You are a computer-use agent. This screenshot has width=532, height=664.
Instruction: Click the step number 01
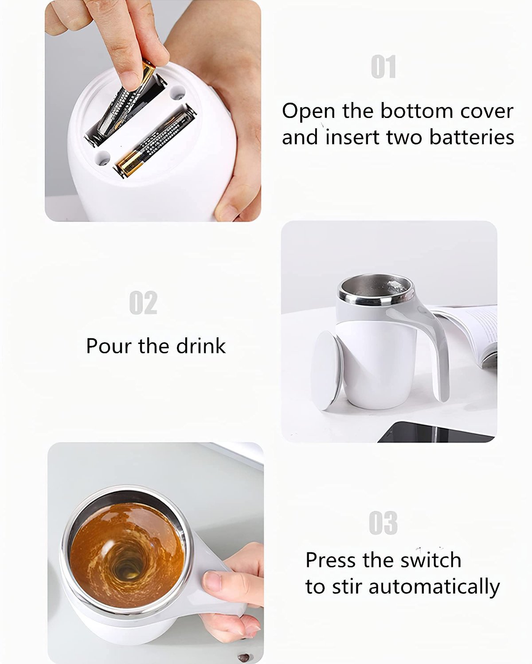pos(383,67)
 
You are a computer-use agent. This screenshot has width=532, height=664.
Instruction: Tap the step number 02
pos(143,303)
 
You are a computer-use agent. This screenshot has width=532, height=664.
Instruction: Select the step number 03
pos(383,523)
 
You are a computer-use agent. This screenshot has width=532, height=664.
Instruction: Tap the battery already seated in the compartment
pos(155,141)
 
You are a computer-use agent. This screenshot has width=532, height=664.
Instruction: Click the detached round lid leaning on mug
pos(327,370)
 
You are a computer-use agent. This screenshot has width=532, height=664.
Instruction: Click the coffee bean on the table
pos(243,657)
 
